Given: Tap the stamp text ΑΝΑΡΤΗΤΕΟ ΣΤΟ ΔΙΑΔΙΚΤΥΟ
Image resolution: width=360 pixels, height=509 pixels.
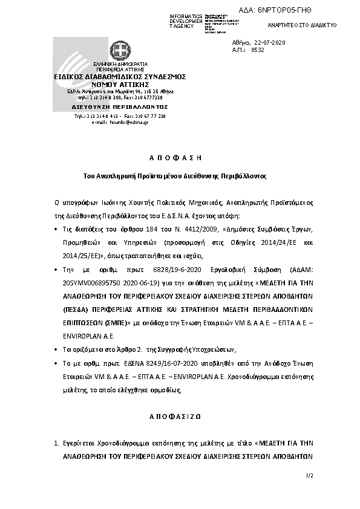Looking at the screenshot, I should coord(302,25).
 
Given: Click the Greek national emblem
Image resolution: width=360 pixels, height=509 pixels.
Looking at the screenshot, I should coord(119,50).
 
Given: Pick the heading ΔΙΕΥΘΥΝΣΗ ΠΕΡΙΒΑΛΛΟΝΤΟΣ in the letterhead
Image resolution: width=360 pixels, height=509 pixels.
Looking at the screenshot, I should coord(120,106).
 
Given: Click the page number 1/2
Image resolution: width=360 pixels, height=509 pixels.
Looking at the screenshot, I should coord(310,476).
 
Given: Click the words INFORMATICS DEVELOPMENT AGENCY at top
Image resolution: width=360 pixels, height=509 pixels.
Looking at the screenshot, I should coord(186,21).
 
